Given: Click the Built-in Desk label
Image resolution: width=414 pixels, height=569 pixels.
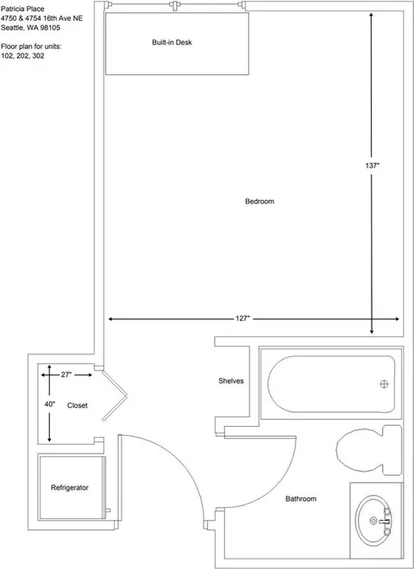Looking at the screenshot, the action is click(x=172, y=42).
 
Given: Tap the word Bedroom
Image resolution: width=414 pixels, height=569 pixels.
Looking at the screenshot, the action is click(x=260, y=202).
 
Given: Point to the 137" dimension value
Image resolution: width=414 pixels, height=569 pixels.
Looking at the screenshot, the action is click(x=373, y=166).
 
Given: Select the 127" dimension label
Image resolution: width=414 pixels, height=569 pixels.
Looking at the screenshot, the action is click(x=243, y=319).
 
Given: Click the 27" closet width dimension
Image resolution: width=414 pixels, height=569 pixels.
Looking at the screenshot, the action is click(x=66, y=375).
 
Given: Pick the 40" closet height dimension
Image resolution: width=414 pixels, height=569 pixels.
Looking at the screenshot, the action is click(x=50, y=403).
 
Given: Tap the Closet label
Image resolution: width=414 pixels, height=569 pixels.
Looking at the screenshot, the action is click(x=78, y=405).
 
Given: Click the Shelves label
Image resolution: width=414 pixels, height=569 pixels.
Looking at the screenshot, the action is click(x=231, y=381).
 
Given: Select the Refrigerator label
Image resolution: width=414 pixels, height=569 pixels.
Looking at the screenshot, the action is click(x=70, y=488).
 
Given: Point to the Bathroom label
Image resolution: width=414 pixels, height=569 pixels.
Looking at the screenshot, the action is click(x=301, y=499).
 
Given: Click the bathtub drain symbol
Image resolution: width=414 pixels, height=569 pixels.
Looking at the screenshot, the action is click(x=384, y=384).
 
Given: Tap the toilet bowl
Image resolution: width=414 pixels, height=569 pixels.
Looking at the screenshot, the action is click(x=360, y=450).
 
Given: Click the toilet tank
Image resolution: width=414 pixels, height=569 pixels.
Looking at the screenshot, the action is click(x=392, y=450).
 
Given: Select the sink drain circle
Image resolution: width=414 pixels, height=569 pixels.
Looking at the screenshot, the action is click(x=373, y=521).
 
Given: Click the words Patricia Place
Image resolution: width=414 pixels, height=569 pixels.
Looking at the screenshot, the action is click(x=22, y=9).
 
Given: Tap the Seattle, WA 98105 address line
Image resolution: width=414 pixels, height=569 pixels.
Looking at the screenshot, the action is click(x=30, y=28).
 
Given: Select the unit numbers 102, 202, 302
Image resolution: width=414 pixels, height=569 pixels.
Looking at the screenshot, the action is click(x=22, y=56).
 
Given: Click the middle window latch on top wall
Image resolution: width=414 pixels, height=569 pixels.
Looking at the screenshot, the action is click(x=175, y=5).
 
